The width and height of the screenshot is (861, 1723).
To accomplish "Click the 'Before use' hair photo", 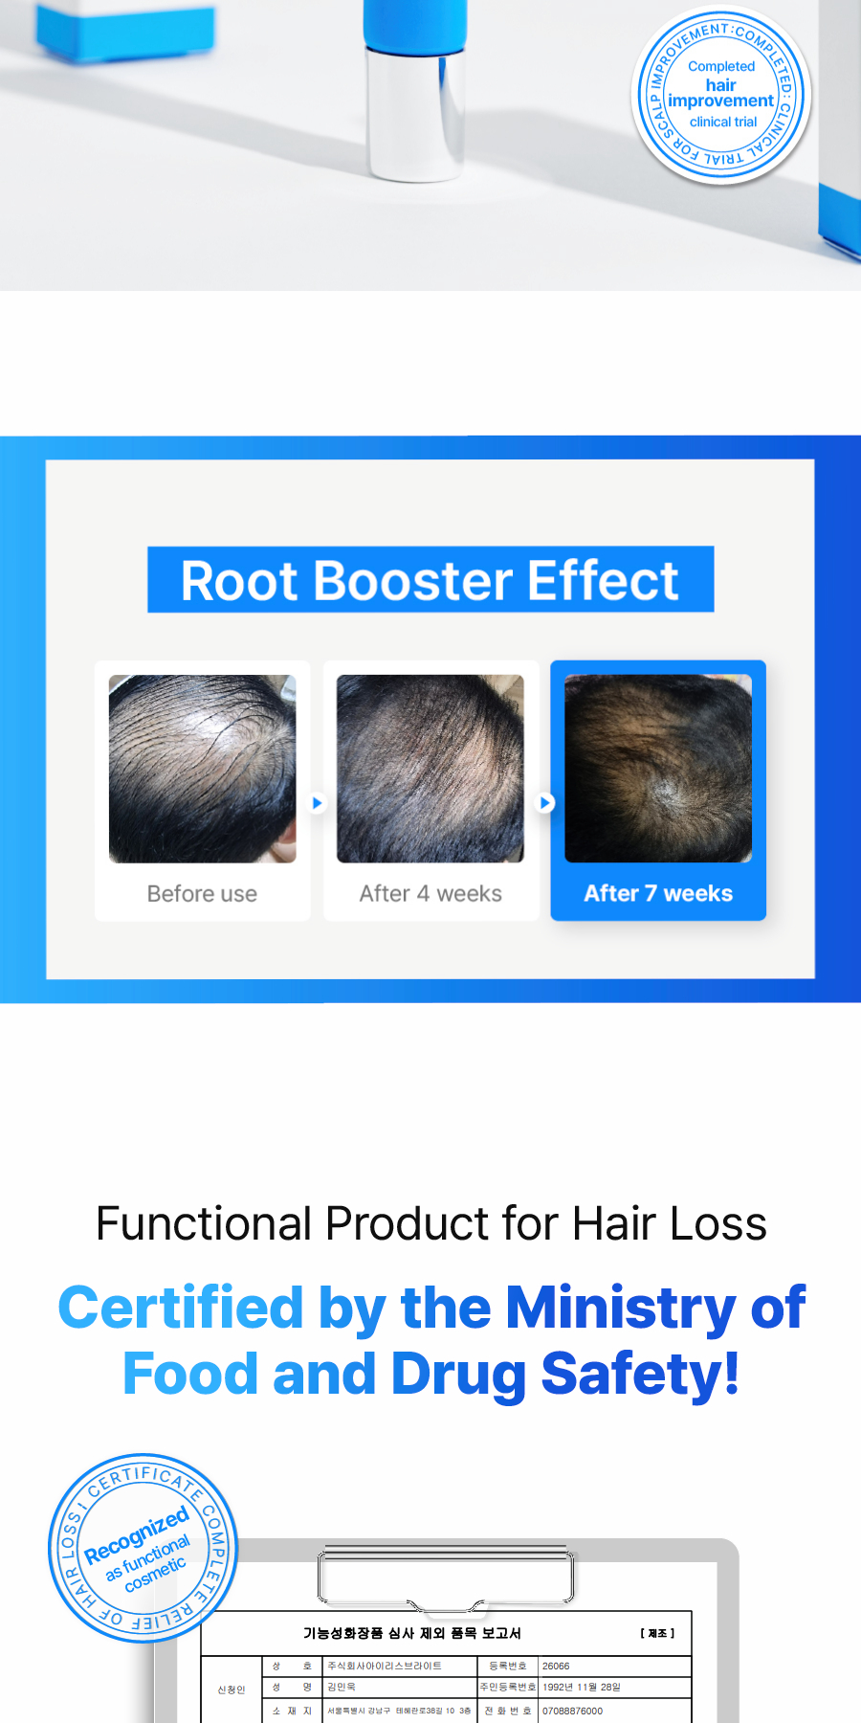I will point(202,768).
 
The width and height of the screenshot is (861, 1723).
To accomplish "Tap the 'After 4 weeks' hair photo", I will point(430,768).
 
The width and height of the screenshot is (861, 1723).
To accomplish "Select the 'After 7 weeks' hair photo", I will point(658,768).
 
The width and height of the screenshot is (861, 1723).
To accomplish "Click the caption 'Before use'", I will point(202,893).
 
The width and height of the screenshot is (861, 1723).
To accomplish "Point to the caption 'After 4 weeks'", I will point(430,893).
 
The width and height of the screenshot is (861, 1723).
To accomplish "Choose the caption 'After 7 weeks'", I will point(658,893).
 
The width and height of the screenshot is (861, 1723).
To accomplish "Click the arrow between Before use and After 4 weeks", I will point(318,802).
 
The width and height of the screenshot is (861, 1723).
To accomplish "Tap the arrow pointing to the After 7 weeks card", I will point(545,802).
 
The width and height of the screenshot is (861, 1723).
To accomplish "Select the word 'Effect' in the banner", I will point(603,581).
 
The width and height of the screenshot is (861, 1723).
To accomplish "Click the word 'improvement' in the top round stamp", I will point(720,101).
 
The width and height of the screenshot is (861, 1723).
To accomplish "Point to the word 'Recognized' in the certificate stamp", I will point(136,1533).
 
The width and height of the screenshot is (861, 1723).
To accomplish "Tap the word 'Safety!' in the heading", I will point(640,1375).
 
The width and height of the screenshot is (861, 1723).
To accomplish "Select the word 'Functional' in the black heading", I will point(204,1223).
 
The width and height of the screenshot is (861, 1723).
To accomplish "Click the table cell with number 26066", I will point(556,1666).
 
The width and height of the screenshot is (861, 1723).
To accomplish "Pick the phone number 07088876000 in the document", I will point(572,1711).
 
